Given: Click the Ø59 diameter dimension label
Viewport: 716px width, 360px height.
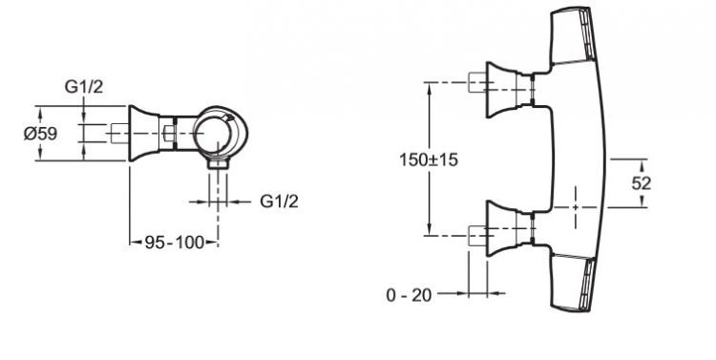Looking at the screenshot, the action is [41, 134].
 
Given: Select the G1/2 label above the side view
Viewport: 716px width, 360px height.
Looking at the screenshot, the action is [84, 86].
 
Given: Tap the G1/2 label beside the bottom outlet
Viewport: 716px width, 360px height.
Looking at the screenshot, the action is [279, 201].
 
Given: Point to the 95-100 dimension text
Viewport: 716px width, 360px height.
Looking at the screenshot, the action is [175, 243].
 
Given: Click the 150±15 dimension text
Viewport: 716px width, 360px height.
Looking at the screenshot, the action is [429, 159].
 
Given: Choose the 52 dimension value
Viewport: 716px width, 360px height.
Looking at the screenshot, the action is [642, 183].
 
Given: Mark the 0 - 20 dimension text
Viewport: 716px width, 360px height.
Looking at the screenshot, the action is [409, 295].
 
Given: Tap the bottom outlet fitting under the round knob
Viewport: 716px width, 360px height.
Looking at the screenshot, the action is [218, 163].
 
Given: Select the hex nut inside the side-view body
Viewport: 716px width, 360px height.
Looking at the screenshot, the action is [168, 134].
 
